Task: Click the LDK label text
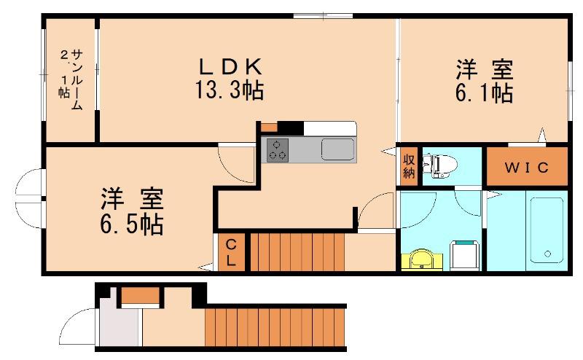point(230,67)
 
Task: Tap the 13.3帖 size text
point(230,90)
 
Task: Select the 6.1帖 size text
point(485,93)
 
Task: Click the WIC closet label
point(526,168)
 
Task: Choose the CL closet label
point(231,253)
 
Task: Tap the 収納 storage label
point(409,166)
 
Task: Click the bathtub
point(547,230)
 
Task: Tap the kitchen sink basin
point(337,149)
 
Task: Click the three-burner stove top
point(278,149)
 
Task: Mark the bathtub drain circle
point(547,254)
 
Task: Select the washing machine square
point(464,255)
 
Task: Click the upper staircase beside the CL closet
point(297,252)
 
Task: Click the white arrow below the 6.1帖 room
point(542,135)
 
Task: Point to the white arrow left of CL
point(206,267)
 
